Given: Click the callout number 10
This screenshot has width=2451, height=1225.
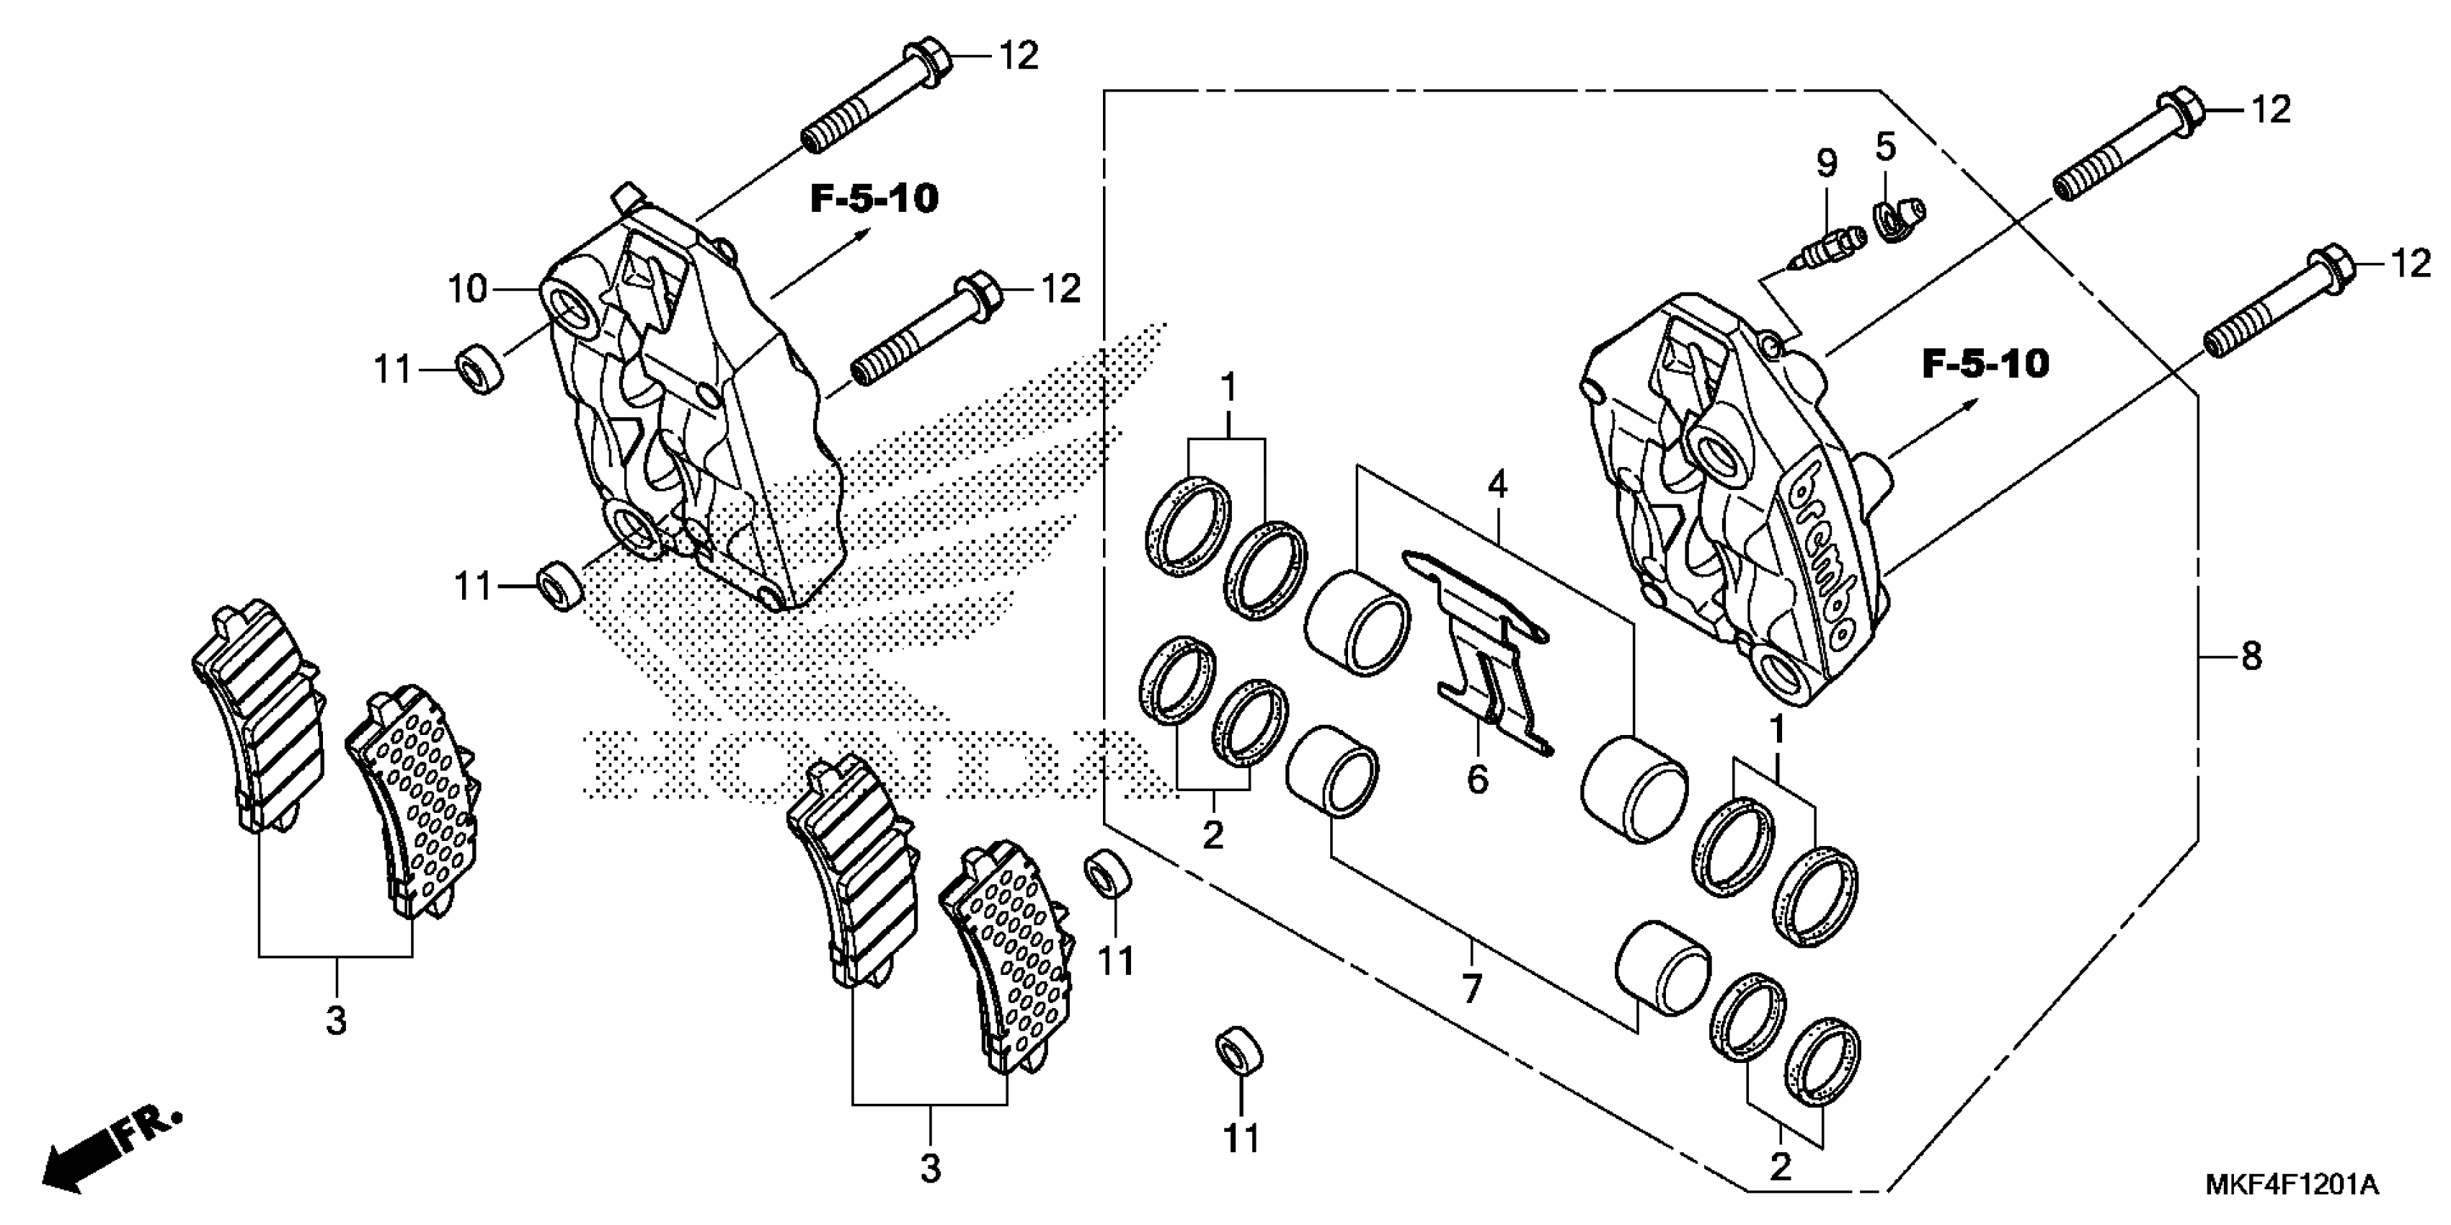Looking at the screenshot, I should [467, 288].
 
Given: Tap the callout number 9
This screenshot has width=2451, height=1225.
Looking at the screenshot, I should [1826, 164].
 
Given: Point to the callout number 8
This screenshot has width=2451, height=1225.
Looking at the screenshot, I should [2251, 656].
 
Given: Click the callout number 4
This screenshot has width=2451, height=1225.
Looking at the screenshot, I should [1497, 486].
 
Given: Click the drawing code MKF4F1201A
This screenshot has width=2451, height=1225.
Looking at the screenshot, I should [2290, 1185].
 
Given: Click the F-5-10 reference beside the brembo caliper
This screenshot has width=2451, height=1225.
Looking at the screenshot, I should [1986, 365].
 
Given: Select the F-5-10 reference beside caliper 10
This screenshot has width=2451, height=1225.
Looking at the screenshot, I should [874, 199].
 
